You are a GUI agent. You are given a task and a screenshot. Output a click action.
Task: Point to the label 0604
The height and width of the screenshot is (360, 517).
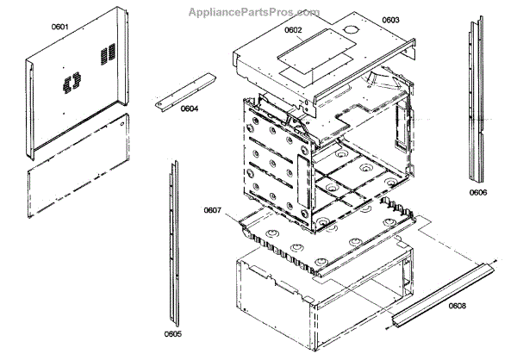click(190, 109)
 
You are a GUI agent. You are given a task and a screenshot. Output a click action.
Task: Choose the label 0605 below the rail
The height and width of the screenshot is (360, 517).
click(172, 334)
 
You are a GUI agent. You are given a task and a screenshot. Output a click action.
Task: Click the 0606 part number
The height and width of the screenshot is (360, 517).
click(478, 192)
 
